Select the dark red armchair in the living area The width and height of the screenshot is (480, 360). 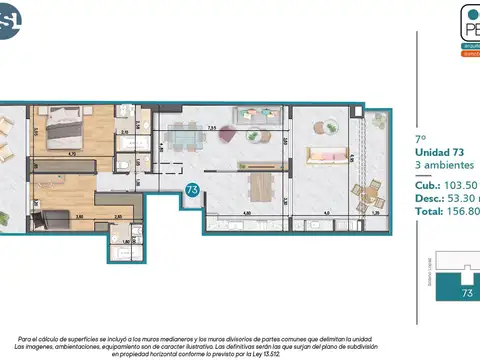click(x=227, y=132)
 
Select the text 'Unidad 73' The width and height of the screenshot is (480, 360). click(x=439, y=151)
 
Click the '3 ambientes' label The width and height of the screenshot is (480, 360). click(x=444, y=166)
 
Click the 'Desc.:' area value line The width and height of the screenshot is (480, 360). click(x=446, y=198)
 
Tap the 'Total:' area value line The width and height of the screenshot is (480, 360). click(x=446, y=212)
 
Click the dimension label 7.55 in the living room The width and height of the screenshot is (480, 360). click(x=212, y=128)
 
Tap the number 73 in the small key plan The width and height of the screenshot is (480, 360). click(x=466, y=293)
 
